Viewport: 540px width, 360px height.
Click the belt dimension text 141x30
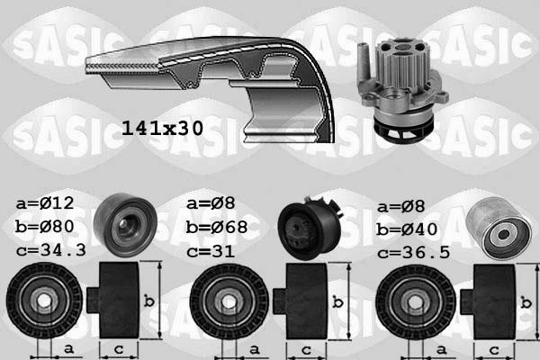(x=161, y=129)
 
